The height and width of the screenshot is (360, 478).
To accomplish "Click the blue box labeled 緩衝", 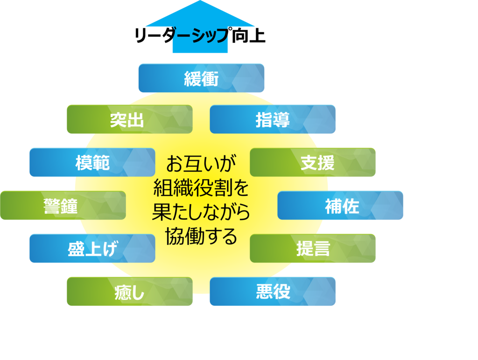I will click(x=201, y=78).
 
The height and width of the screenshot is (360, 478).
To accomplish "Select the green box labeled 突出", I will click(x=129, y=119).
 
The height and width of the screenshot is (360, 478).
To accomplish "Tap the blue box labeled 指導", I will click(x=273, y=119).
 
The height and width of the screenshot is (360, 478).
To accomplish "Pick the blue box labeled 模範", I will click(x=92, y=162).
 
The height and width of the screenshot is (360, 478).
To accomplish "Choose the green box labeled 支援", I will click(x=313, y=162).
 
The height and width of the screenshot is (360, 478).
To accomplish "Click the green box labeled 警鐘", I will click(x=63, y=205).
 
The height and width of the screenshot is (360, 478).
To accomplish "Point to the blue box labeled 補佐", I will click(x=341, y=205).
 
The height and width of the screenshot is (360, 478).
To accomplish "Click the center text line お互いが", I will click(x=201, y=164).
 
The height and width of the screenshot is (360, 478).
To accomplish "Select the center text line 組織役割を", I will click(x=201, y=188).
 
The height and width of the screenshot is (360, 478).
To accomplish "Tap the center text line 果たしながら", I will click(x=201, y=213).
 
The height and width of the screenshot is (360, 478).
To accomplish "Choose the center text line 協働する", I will click(x=201, y=237).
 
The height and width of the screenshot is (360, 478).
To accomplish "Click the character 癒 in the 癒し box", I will click(x=123, y=292).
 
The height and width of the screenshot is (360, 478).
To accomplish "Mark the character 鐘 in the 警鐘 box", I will click(x=70, y=206).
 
